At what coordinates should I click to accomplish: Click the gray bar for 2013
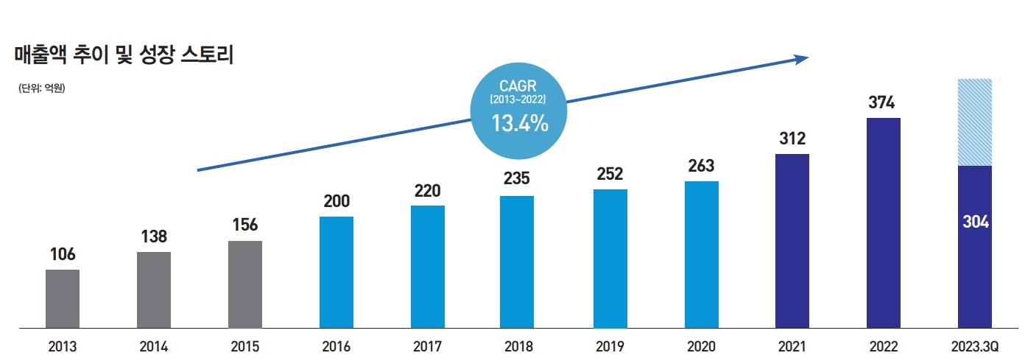[x=62, y=298]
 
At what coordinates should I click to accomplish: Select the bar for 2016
[x=337, y=272]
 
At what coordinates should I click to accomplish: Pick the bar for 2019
[x=610, y=259]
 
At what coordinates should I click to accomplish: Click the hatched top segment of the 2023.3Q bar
[x=974, y=122]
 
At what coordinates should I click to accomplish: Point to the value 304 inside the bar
[x=975, y=222]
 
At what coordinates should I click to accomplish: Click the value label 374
[x=883, y=102]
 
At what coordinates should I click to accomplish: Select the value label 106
[x=62, y=255]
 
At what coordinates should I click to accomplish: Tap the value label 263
[x=701, y=167]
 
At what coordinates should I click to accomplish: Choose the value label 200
[x=337, y=202]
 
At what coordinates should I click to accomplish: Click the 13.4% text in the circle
[x=520, y=123]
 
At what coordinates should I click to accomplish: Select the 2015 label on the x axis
[x=245, y=346]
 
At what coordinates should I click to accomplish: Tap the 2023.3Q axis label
[x=974, y=346]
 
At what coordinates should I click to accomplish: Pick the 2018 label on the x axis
[x=518, y=346]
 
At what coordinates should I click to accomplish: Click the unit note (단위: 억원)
[x=42, y=89]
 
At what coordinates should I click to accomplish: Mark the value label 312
[x=792, y=139]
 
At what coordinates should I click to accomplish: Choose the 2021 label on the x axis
[x=792, y=346]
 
